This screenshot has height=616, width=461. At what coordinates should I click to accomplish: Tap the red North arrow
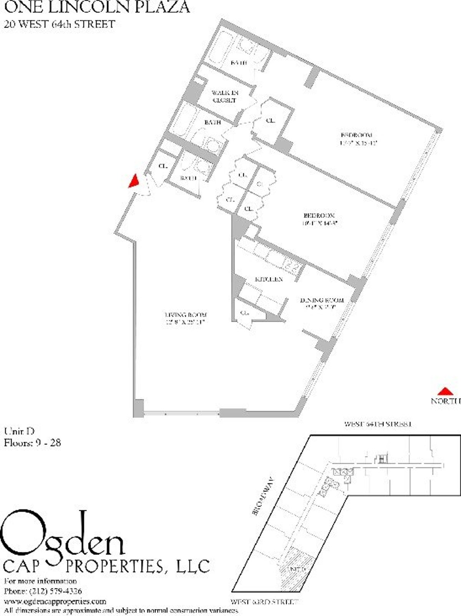click(x=446, y=391)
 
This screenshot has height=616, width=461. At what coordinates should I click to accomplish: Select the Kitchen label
click(x=269, y=279)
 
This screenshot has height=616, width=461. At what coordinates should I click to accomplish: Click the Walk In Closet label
click(x=225, y=96)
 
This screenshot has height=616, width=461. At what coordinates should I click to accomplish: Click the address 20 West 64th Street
click(x=59, y=24)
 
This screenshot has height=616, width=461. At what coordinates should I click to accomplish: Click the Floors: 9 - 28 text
click(x=32, y=443)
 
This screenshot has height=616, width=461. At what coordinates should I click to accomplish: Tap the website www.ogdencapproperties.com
click(x=55, y=601)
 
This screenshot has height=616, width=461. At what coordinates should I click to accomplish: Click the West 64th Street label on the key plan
click(x=378, y=424)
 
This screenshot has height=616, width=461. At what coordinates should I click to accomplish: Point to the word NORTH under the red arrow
click(x=446, y=401)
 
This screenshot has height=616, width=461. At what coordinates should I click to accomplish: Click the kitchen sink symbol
click(x=290, y=264)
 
